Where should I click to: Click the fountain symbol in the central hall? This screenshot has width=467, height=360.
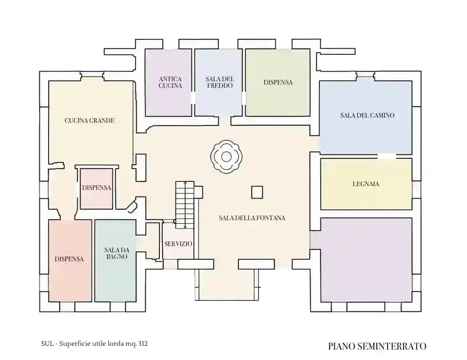[x=226, y=157]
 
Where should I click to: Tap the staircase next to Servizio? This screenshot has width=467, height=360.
[x=185, y=205]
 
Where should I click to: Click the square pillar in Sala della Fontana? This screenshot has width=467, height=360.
[x=257, y=192]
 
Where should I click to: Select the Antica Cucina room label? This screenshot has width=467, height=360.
[x=170, y=83]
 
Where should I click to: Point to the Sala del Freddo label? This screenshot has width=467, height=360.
[x=220, y=83]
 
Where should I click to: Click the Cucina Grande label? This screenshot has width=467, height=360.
[x=89, y=120]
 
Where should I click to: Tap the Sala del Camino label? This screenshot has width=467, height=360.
[x=367, y=115]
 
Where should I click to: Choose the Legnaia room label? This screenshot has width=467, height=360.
[x=366, y=184]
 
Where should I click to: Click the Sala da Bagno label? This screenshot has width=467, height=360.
[x=117, y=253]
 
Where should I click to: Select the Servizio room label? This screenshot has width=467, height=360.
[x=178, y=244]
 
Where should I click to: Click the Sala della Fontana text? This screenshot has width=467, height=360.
[x=252, y=218]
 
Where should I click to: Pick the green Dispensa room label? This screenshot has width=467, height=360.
[x=278, y=82]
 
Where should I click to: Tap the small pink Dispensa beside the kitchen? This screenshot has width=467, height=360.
[x=96, y=188]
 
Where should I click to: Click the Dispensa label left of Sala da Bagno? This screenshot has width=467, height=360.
[x=69, y=259]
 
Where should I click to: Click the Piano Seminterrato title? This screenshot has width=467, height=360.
[x=377, y=346]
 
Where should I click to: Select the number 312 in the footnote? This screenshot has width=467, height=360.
[x=143, y=343]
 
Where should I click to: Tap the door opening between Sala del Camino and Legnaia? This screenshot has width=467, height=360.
[x=387, y=156]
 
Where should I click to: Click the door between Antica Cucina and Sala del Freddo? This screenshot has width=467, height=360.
[x=193, y=98]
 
